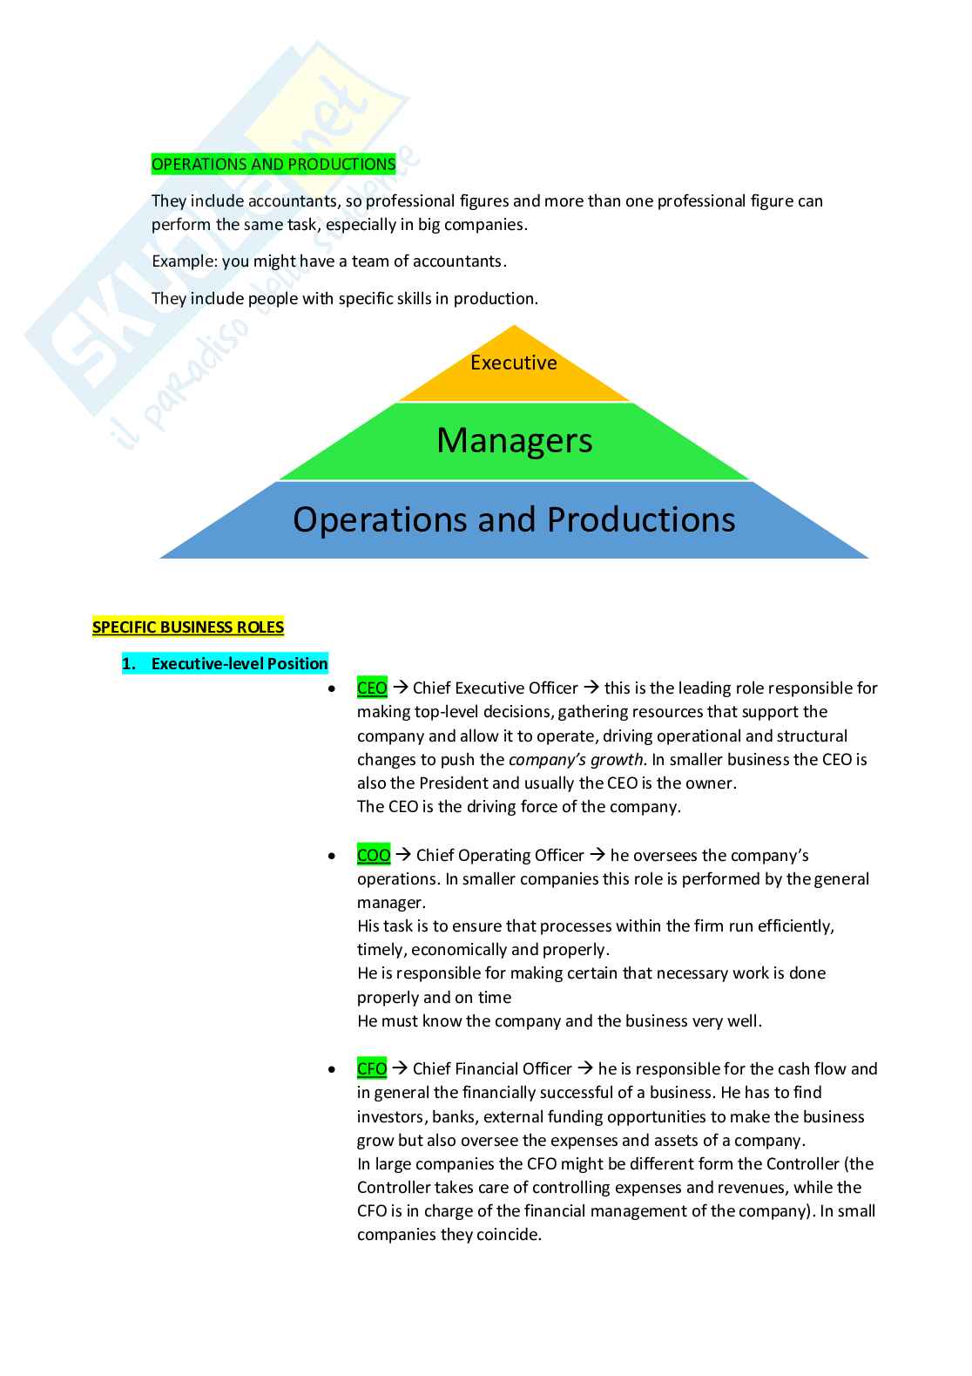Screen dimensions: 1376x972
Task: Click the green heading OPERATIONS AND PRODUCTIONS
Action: (x=273, y=164)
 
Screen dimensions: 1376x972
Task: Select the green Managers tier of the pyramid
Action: (x=514, y=441)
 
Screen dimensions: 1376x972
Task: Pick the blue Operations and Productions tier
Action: (x=514, y=519)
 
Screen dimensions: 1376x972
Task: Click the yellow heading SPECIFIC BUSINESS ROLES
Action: (x=188, y=627)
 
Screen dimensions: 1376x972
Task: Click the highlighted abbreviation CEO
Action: (x=372, y=688)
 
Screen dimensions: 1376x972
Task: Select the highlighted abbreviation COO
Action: (x=374, y=856)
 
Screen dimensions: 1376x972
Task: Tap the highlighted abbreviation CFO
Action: (x=372, y=1069)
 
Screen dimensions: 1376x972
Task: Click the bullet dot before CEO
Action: (x=332, y=689)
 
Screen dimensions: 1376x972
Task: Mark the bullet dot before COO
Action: (x=332, y=857)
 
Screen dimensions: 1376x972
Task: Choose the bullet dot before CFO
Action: (x=332, y=1070)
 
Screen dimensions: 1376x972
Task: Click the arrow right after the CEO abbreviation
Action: (x=401, y=688)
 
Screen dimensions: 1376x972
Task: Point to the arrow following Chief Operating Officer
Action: (x=597, y=856)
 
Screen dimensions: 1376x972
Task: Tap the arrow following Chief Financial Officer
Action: (x=585, y=1069)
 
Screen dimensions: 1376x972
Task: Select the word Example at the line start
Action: (x=183, y=261)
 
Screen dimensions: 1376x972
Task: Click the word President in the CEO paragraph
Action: (x=454, y=783)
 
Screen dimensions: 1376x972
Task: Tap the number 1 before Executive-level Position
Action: (x=127, y=664)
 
